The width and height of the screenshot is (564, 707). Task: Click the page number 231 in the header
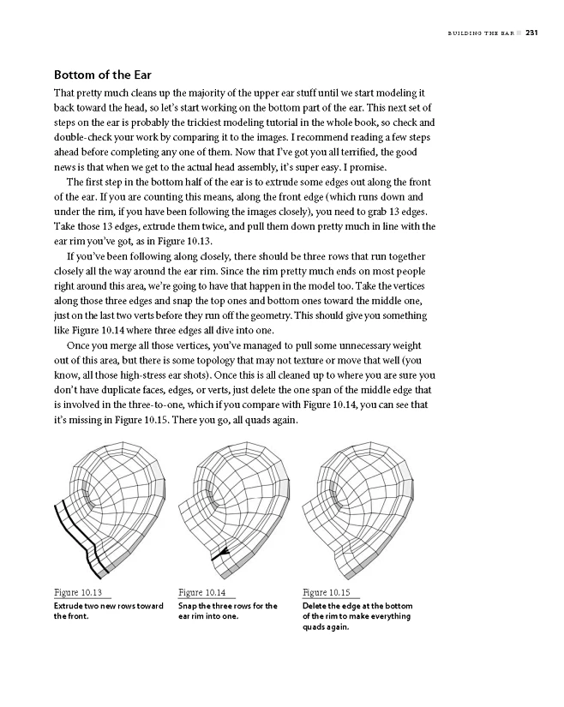pos(531,34)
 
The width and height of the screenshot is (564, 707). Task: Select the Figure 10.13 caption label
pos(79,592)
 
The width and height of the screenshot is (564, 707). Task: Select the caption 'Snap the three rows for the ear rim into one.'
pos(227,611)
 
